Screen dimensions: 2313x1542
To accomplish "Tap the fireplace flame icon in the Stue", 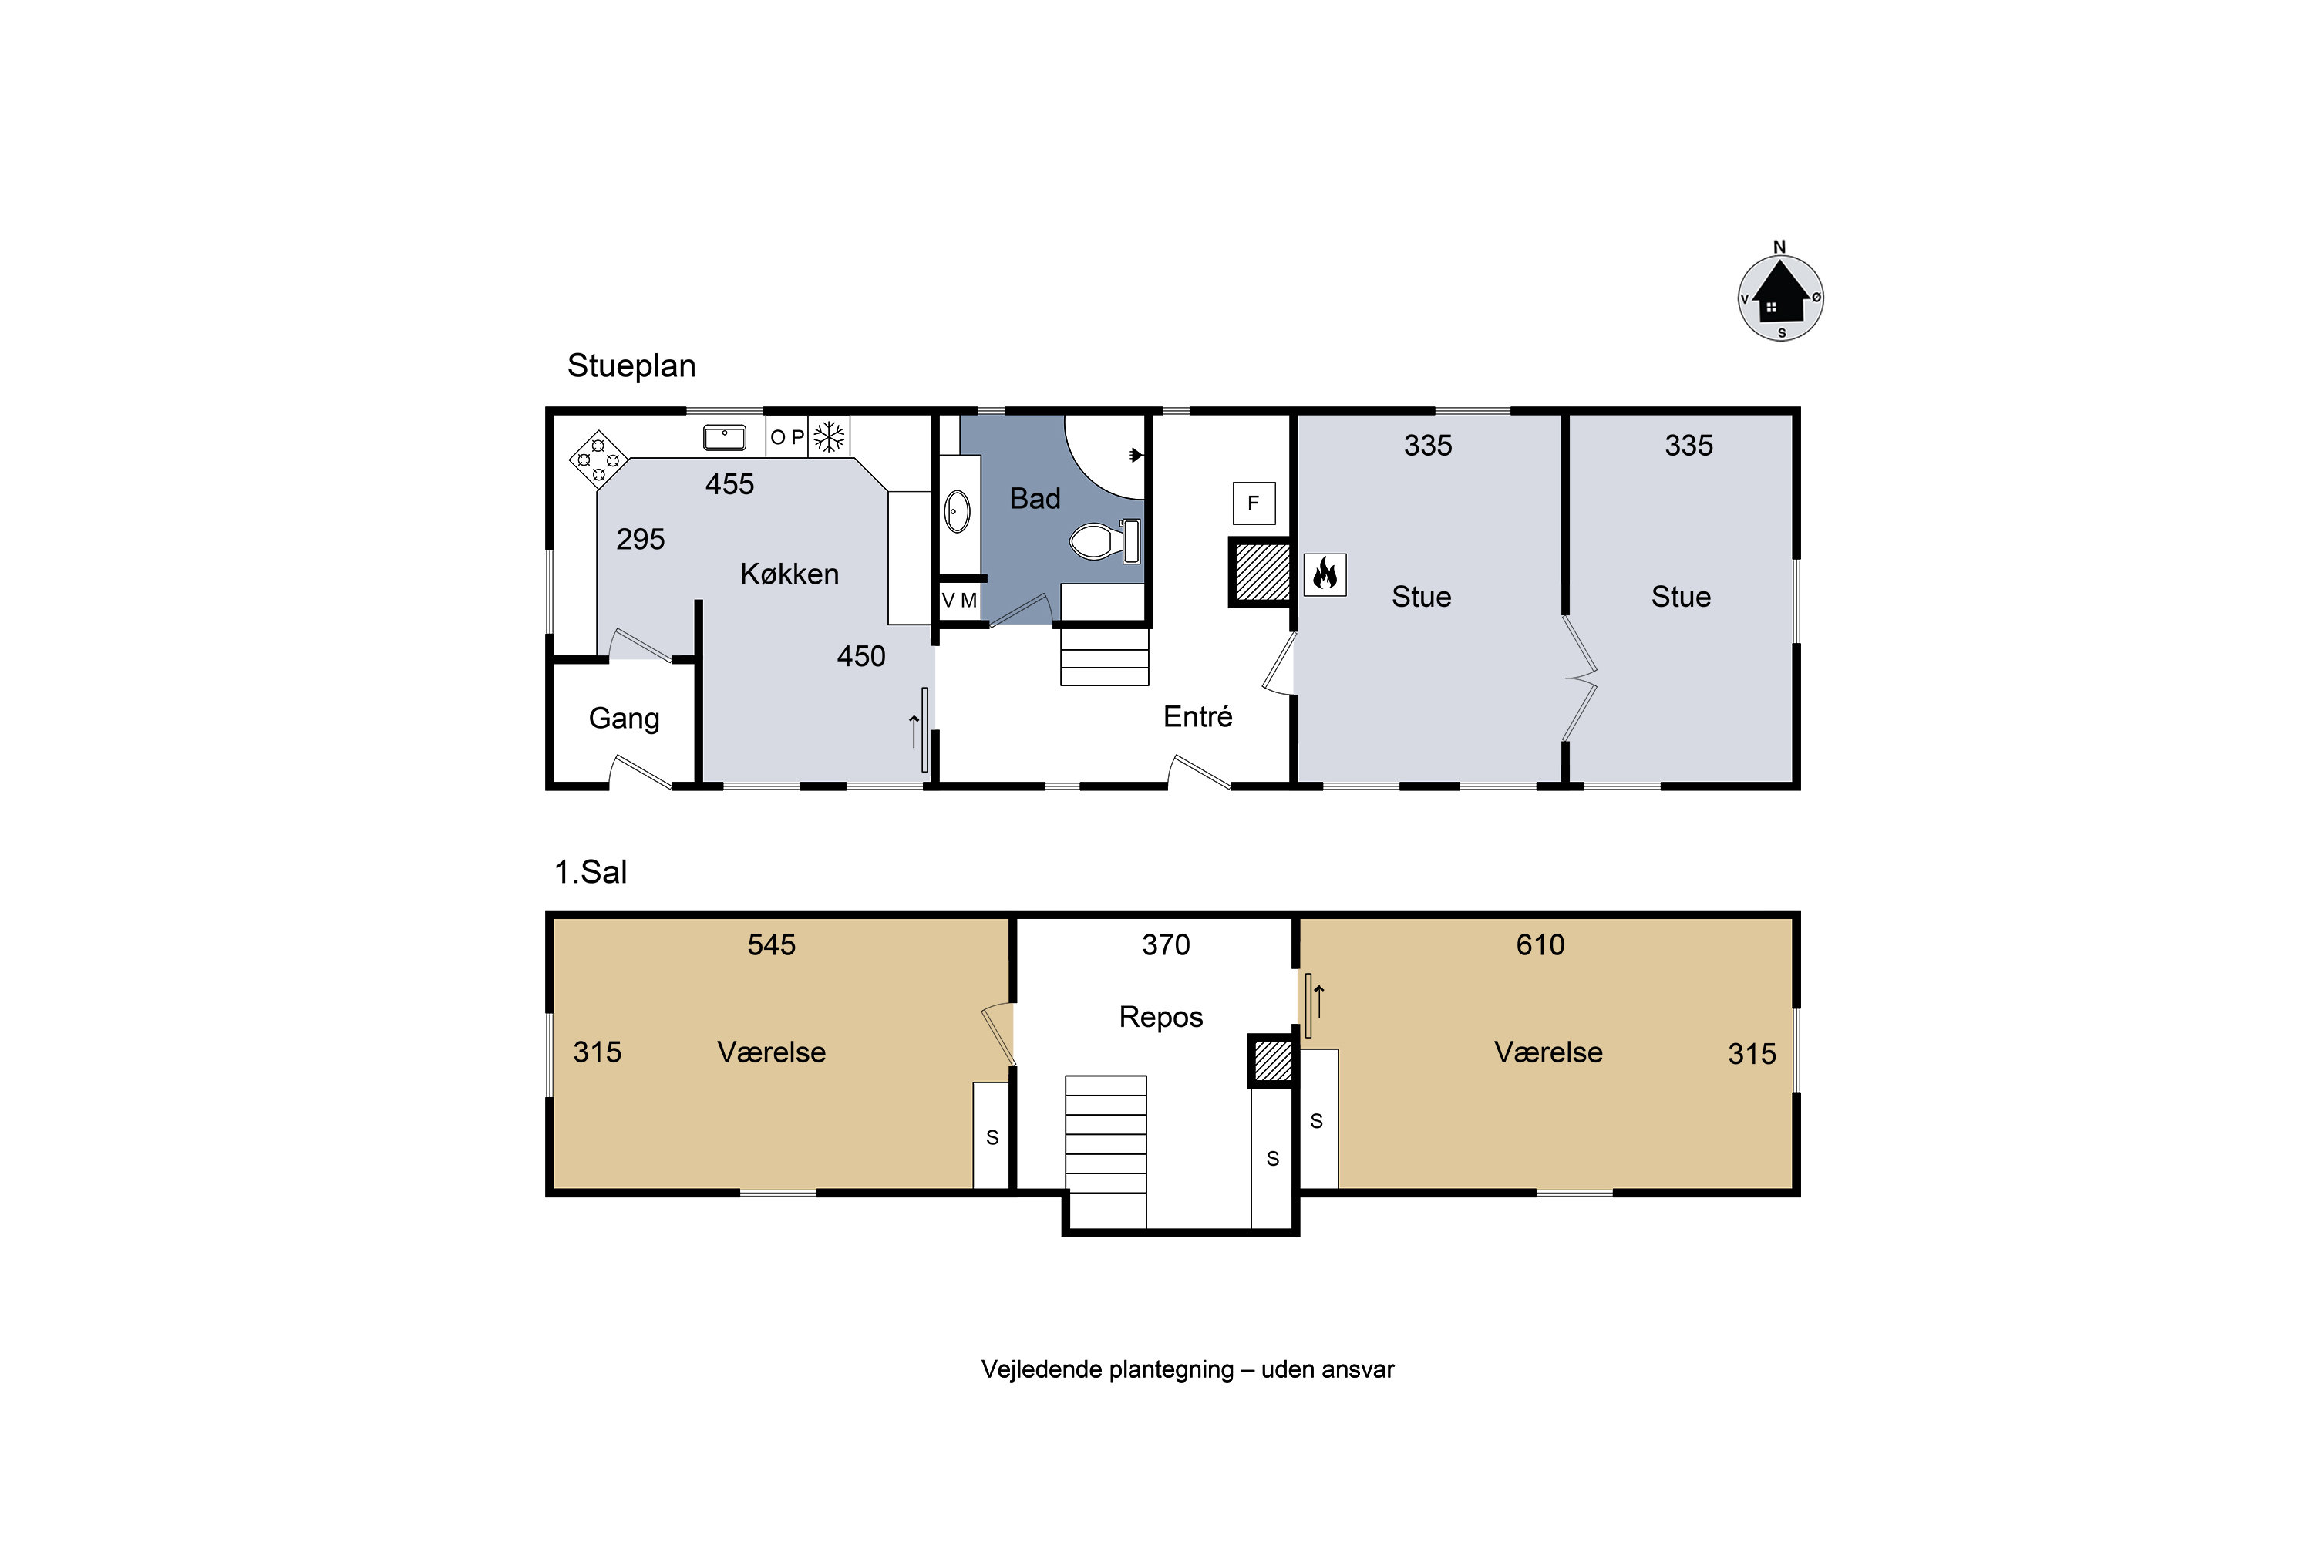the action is point(1325,574).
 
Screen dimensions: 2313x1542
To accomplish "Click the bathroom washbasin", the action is point(957,511).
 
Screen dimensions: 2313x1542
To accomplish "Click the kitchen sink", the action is point(725,436).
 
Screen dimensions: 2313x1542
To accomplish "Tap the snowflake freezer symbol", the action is point(829,436).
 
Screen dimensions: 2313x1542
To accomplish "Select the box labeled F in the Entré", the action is point(1254,503).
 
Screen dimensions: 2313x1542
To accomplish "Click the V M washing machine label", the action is point(960,600).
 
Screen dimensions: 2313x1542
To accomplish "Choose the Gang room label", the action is point(624,719).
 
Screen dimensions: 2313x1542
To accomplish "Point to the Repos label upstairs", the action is point(1160,1017).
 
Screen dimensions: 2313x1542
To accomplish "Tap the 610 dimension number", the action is point(1540,945).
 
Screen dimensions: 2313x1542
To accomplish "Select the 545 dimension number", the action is point(771,945).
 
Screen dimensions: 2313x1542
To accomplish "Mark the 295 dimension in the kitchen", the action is point(640,539).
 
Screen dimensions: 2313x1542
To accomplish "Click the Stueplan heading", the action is point(631,365).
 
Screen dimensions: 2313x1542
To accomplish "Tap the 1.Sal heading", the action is point(590,872).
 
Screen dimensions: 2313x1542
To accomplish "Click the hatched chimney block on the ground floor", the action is point(1261,572).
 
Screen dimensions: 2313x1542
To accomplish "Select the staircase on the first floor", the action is point(1106,1152).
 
